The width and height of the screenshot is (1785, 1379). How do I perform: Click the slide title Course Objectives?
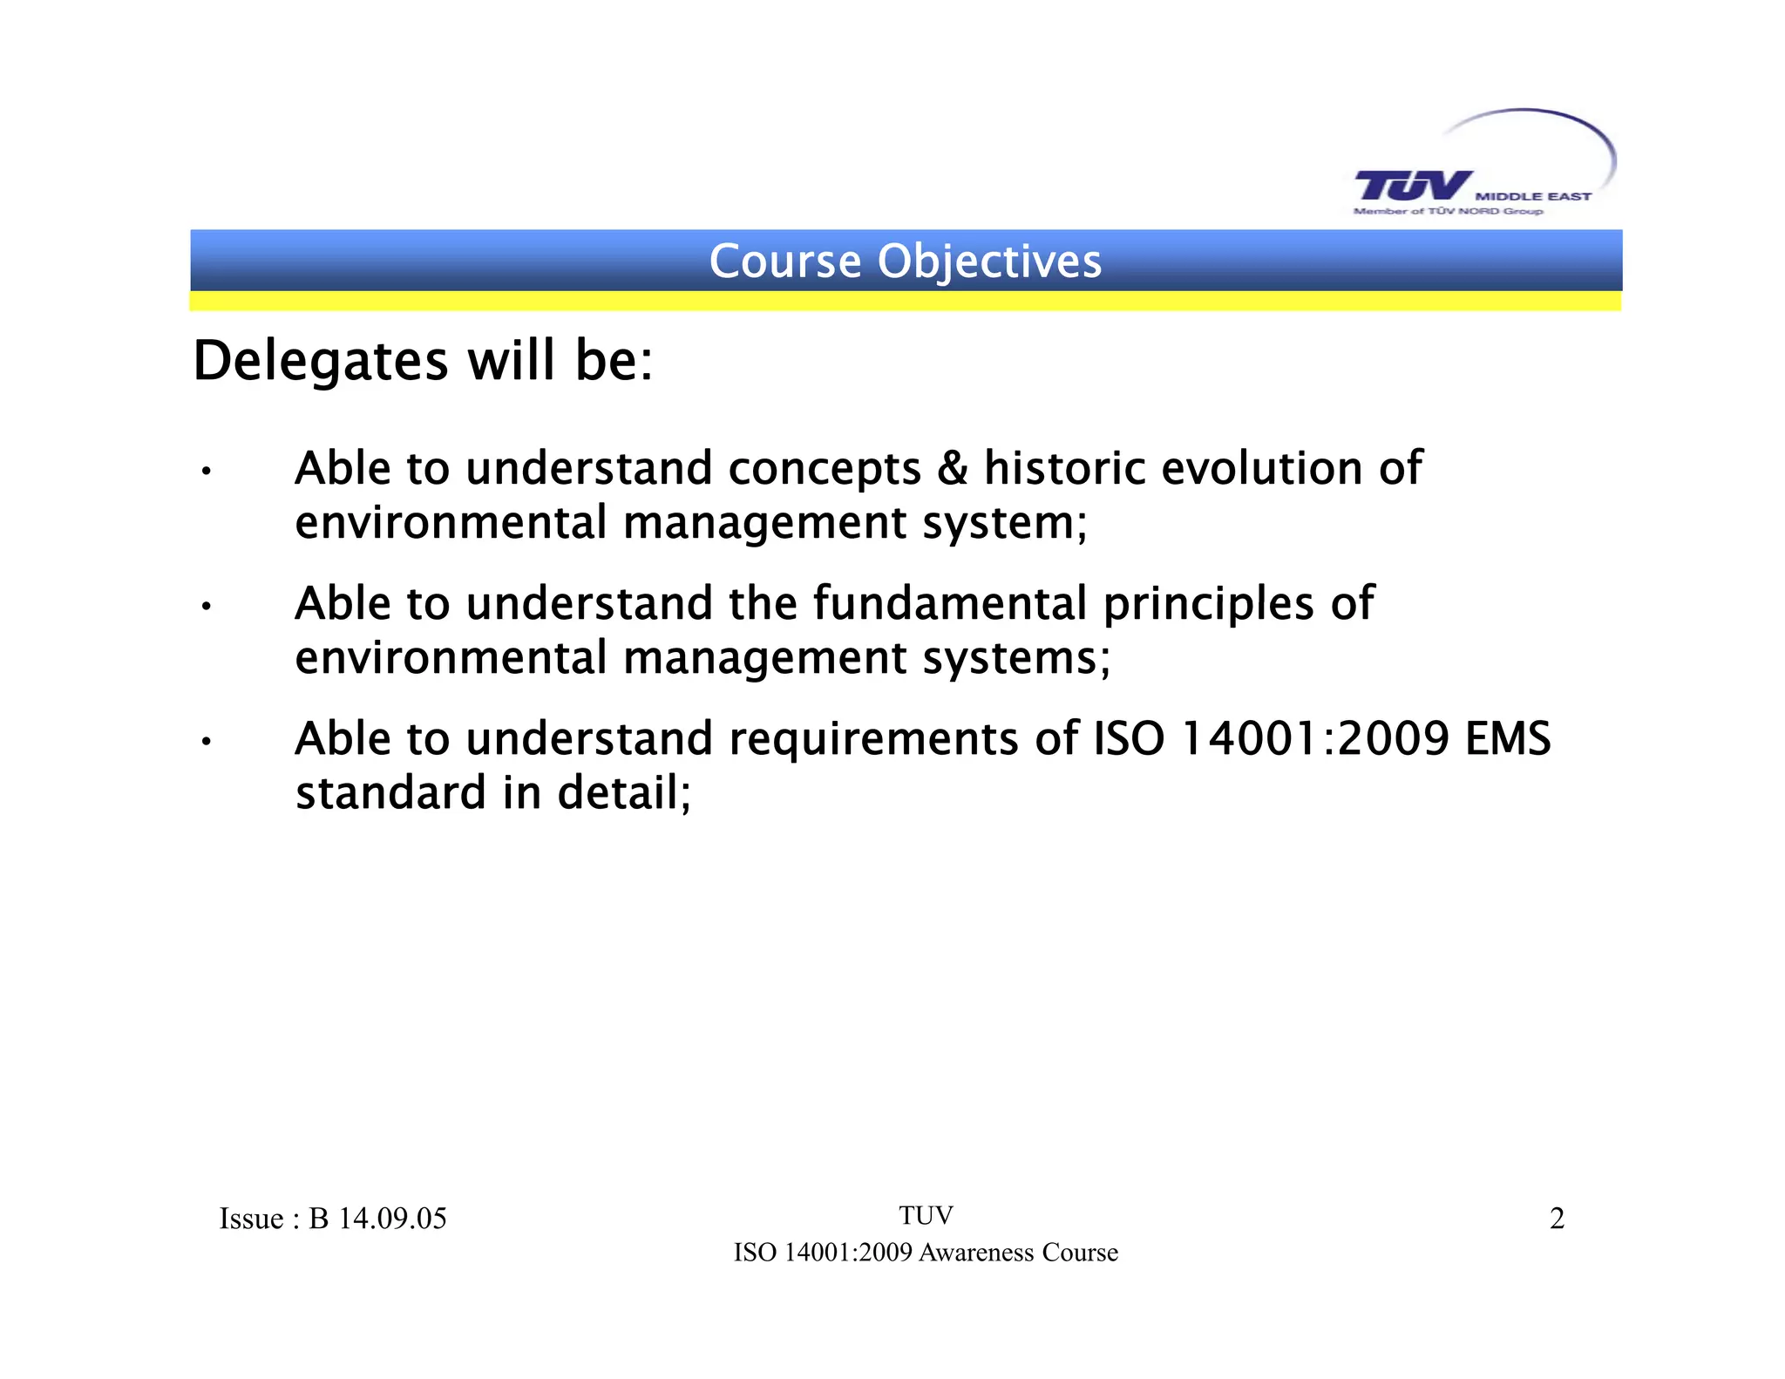(x=906, y=261)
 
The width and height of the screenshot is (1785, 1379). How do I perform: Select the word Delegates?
(x=320, y=361)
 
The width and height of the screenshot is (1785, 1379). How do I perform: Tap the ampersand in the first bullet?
(x=953, y=468)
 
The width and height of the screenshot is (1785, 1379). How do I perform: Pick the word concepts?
(x=825, y=470)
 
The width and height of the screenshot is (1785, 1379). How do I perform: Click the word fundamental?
(x=950, y=603)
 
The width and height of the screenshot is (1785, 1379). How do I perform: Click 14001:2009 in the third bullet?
(x=1314, y=738)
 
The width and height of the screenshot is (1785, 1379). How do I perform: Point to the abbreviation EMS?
(x=1508, y=738)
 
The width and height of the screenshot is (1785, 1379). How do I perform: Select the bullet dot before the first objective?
(x=206, y=472)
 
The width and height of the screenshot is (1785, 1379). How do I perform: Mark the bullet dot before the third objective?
(x=206, y=743)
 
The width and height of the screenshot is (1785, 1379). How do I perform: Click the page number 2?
(x=1557, y=1218)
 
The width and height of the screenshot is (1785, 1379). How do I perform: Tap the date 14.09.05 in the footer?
(x=392, y=1218)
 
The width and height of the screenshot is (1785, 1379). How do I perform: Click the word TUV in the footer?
(x=926, y=1215)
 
